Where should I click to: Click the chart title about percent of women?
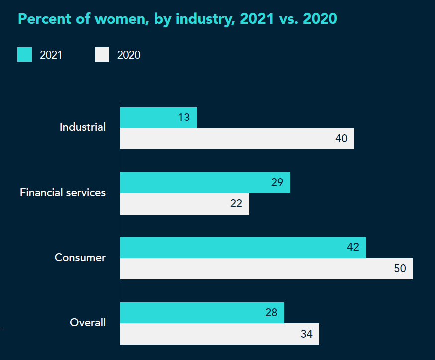click(178, 19)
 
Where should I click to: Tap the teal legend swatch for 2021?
click(24, 55)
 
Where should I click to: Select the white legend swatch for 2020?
click(102, 55)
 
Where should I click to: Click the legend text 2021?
click(51, 55)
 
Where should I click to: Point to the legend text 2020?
click(129, 55)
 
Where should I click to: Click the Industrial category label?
click(83, 127)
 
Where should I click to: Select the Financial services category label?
click(63, 192)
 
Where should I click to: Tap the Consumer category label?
click(80, 258)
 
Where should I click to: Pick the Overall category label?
click(88, 323)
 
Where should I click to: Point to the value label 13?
click(184, 118)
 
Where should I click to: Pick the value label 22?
click(236, 204)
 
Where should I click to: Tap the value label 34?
click(306, 334)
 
